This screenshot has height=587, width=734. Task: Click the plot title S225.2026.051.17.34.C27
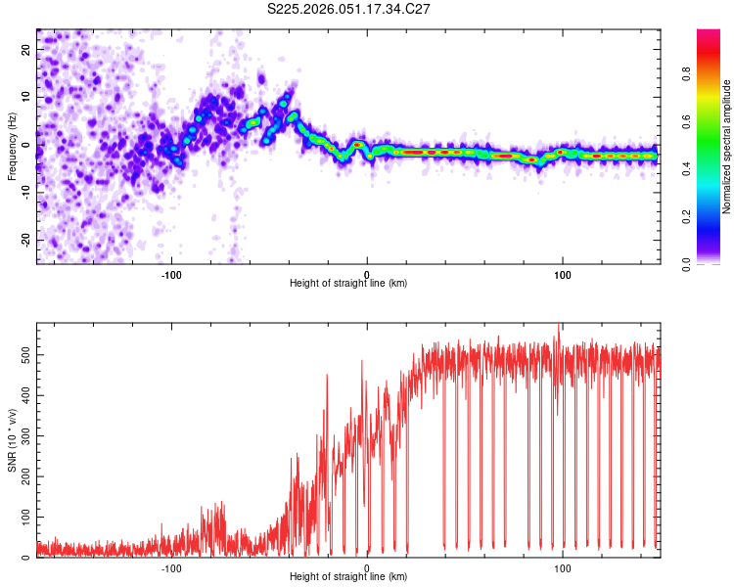coord(348,9)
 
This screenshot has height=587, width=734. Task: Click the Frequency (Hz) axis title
coord(12,146)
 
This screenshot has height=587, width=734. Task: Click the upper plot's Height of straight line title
coord(348,283)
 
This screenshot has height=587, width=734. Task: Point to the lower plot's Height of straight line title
coord(348,576)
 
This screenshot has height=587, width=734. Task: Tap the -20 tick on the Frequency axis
coord(26,240)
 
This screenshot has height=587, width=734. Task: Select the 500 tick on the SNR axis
coord(24,347)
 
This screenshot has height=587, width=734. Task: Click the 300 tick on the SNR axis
coord(24,431)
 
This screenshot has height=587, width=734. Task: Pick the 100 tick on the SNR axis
coord(24,516)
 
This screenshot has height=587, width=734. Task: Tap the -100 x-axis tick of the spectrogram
coord(171,273)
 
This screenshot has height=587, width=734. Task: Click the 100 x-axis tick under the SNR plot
coord(563,566)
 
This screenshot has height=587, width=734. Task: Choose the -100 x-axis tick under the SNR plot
coord(171,566)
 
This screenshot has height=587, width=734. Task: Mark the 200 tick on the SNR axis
coord(24,474)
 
